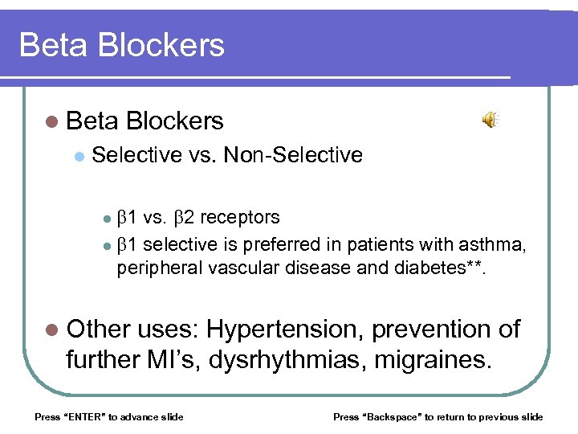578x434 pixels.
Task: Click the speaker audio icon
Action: tap(490, 121)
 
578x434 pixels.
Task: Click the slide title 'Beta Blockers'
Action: tap(122, 45)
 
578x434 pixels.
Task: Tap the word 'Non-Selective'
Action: tap(293, 154)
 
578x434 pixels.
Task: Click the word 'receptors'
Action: tap(240, 217)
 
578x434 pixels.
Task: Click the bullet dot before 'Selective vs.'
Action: tap(78, 155)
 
